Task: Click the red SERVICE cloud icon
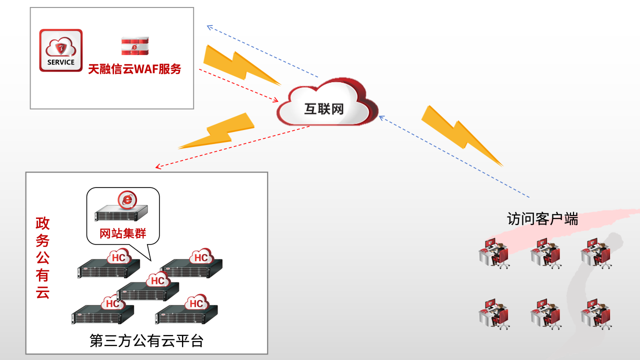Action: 61,50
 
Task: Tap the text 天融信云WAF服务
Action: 134,69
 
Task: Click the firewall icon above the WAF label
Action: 134,46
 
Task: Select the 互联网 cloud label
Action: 324,108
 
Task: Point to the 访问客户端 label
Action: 542,219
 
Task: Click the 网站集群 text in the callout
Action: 122,233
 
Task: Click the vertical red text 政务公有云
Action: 42,258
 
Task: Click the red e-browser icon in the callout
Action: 127,199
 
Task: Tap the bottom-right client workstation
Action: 596,313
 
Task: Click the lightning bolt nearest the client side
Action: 459,135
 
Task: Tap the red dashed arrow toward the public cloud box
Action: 232,146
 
